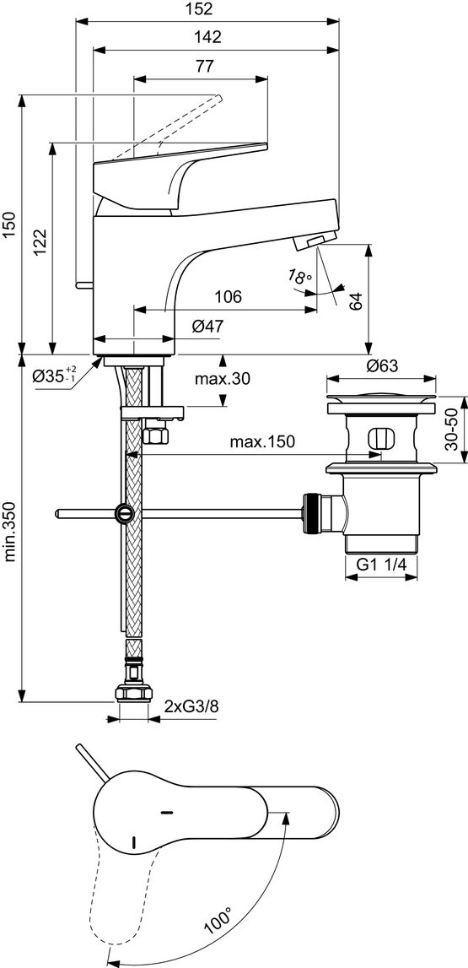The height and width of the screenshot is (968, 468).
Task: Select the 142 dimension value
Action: [207, 37]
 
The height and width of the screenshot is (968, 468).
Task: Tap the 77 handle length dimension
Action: [203, 66]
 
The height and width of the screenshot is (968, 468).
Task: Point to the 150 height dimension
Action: [9, 225]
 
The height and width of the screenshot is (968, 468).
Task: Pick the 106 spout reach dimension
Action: [228, 297]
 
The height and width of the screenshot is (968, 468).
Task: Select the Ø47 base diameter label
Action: [207, 326]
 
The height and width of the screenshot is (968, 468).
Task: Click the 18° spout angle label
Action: [299, 277]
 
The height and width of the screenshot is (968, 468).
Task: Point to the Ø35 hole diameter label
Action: [56, 376]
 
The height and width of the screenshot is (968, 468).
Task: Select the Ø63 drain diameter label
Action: [384, 365]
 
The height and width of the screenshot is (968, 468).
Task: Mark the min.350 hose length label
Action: [9, 529]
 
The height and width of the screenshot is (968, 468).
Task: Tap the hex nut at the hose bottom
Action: [132, 693]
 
